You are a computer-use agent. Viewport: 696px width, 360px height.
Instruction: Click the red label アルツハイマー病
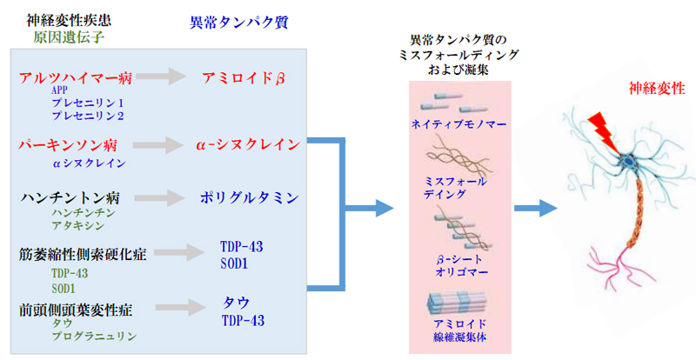(76, 78)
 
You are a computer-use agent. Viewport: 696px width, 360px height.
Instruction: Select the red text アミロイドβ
(244, 78)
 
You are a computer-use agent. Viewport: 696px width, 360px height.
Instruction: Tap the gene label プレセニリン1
(88, 103)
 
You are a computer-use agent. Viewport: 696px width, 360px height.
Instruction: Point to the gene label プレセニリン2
(88, 116)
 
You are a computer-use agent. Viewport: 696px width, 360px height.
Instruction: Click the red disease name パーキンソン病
(68, 145)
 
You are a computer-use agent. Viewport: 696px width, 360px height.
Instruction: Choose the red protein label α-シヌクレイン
(248, 144)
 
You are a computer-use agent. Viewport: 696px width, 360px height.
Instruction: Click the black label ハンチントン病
(70, 197)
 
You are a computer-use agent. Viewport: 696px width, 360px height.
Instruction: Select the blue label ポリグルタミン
(249, 197)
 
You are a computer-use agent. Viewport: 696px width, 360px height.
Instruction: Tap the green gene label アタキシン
(78, 225)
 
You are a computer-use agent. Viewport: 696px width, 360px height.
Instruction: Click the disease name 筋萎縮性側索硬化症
(83, 255)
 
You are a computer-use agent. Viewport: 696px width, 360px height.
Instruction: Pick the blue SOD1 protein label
(234, 263)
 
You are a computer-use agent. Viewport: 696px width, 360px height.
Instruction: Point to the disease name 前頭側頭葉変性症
(76, 310)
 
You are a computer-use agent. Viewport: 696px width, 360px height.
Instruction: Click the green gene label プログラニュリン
(94, 337)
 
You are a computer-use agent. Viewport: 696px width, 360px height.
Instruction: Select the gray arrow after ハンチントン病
(160, 198)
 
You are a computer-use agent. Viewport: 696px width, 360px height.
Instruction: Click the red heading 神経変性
(657, 89)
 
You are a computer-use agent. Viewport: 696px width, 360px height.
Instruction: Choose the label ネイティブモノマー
(459, 123)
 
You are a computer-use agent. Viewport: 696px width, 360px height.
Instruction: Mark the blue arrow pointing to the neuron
(536, 208)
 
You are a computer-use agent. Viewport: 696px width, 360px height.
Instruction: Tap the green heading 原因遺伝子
(69, 37)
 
